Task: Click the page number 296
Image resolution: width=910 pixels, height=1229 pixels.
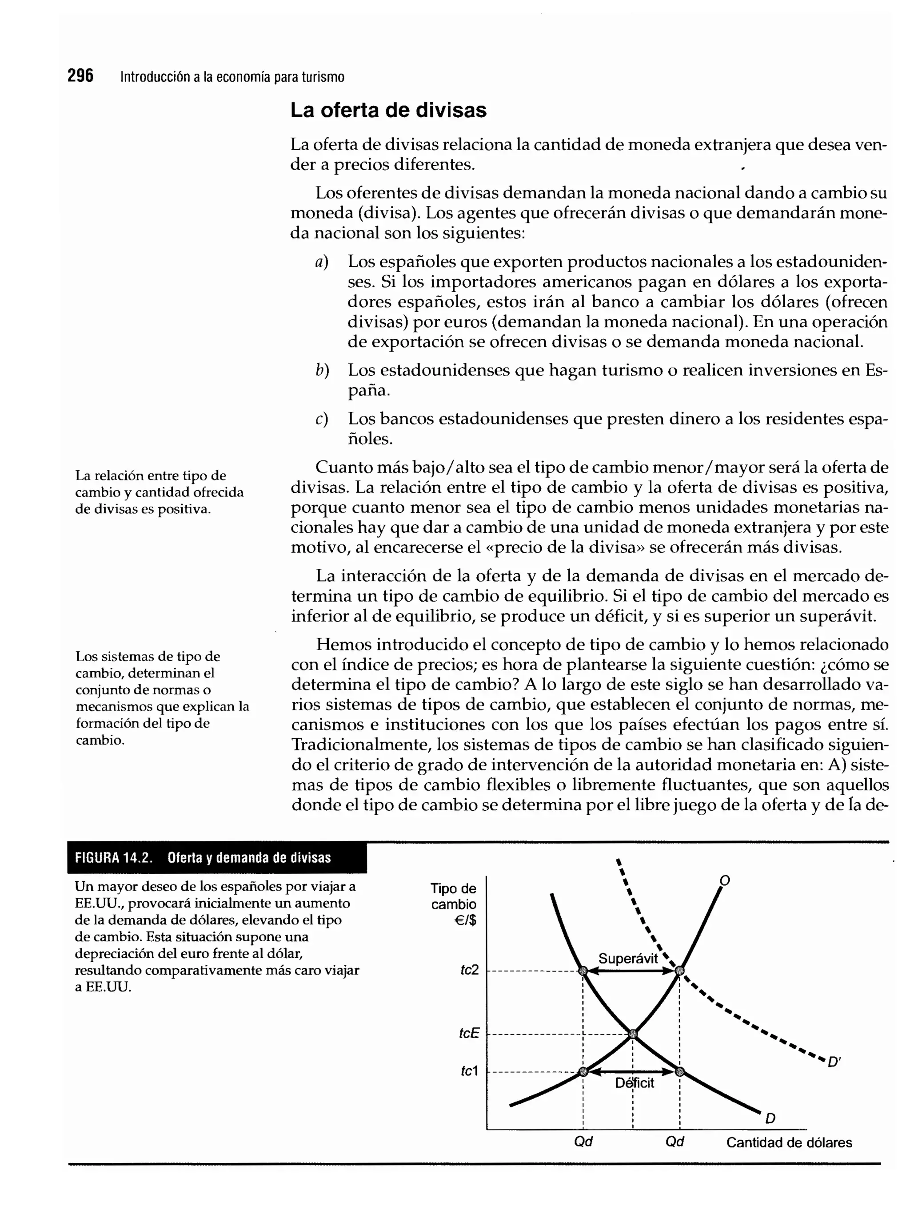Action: point(80,76)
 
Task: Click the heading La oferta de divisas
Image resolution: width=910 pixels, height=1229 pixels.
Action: point(388,110)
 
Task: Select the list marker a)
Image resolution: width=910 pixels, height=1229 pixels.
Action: point(322,262)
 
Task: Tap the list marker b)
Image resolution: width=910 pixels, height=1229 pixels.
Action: point(322,370)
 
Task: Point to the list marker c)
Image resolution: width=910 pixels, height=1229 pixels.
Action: point(322,420)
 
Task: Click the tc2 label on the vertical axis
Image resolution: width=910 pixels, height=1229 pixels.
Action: point(469,970)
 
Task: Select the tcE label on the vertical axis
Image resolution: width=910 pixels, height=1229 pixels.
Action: point(469,1033)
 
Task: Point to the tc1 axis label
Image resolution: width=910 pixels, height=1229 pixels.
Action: point(469,1070)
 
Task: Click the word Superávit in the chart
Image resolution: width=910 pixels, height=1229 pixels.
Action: point(628,958)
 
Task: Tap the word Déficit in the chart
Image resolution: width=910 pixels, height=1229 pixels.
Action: point(635,1082)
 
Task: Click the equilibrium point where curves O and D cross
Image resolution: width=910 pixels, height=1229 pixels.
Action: point(632,1034)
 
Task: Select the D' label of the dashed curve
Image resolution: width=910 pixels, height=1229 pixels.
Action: point(834,1062)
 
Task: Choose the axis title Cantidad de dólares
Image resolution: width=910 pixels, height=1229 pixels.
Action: point(789,1142)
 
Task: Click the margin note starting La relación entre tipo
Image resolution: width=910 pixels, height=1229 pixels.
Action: point(159,492)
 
